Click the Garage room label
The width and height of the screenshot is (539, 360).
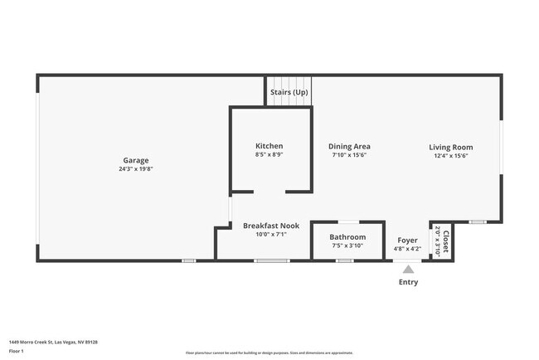[x=136, y=160]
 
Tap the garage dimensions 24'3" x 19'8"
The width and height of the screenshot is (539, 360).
[x=136, y=169]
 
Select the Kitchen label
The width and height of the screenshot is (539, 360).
[x=269, y=146]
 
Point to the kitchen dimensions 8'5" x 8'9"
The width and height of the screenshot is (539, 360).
[x=269, y=155]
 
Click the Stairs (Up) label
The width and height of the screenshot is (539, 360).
[x=289, y=92]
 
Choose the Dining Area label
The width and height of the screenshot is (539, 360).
[x=349, y=146]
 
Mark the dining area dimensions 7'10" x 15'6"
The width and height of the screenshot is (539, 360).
[x=349, y=155]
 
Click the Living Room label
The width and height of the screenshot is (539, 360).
[x=451, y=147]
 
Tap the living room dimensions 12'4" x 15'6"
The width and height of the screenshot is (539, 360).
[x=451, y=156]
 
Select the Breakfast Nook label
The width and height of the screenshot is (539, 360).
[x=270, y=226]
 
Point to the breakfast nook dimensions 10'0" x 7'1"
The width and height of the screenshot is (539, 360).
[x=270, y=235]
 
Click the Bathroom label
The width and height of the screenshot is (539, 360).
[x=347, y=236]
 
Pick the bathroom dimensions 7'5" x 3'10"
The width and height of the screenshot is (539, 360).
[x=347, y=246]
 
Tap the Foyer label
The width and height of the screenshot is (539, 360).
[x=407, y=240]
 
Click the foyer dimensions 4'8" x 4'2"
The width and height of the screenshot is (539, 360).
[x=407, y=248]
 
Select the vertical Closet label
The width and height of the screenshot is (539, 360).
[x=446, y=241]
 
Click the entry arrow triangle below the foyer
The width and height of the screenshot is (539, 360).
[x=407, y=269]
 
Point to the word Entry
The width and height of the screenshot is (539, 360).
[x=408, y=282]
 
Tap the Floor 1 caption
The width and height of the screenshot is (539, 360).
[x=17, y=352]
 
